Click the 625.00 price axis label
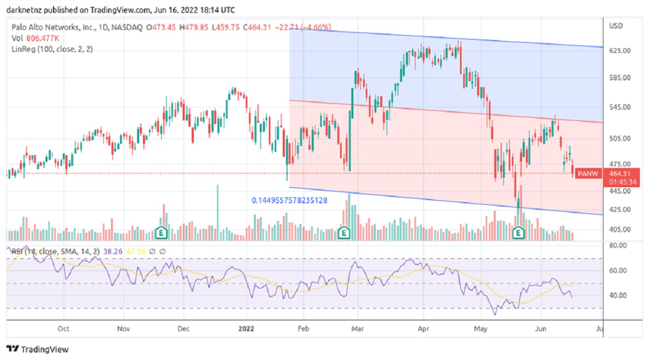620,51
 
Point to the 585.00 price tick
620,78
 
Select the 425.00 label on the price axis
620,210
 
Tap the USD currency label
616,26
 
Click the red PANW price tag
588,174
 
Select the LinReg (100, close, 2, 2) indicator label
52,49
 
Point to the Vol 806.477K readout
36,38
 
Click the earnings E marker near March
343,233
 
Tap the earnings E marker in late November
161,233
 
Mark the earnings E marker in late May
518,233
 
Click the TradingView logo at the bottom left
37,349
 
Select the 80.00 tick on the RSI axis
618,245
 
